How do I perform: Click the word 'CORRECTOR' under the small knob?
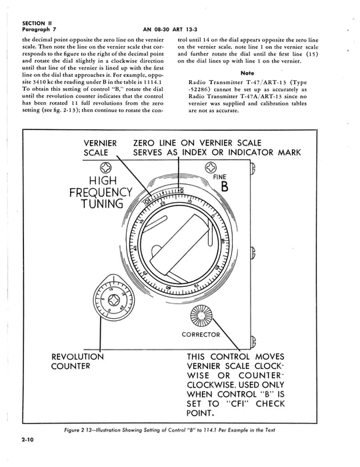click(x=201, y=334)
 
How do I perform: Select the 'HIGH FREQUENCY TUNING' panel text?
click(x=95, y=193)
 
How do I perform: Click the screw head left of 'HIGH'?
click(x=105, y=168)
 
